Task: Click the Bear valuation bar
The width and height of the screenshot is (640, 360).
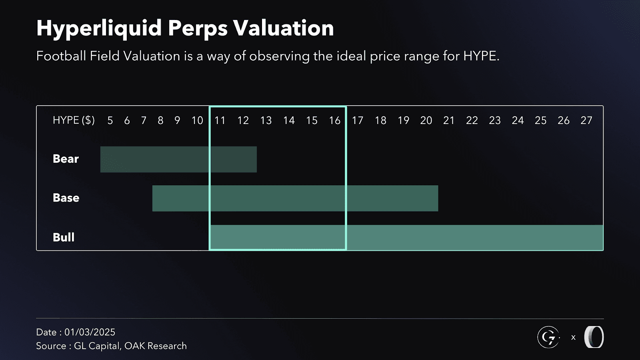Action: (178, 159)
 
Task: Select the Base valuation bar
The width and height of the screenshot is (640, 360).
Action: (295, 198)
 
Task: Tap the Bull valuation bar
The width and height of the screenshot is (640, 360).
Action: (406, 238)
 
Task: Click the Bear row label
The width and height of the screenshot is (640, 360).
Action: (66, 159)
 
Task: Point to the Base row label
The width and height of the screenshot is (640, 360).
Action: (66, 198)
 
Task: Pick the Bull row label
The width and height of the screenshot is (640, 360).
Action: (64, 237)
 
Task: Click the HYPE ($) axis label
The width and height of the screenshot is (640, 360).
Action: (74, 120)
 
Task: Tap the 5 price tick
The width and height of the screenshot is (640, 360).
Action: (110, 120)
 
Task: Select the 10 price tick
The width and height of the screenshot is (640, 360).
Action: (197, 120)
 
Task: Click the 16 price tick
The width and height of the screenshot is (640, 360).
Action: (334, 120)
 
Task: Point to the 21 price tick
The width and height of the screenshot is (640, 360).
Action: (449, 120)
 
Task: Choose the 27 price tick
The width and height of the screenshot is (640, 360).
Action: (586, 120)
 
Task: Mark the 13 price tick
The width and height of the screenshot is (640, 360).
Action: (266, 120)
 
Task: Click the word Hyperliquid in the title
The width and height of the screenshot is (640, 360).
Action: (99, 28)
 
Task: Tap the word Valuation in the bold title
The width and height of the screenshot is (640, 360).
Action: (283, 28)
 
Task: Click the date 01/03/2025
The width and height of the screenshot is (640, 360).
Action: (90, 332)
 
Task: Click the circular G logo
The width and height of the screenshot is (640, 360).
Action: (548, 337)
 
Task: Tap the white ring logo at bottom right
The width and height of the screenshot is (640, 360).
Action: (594, 337)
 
